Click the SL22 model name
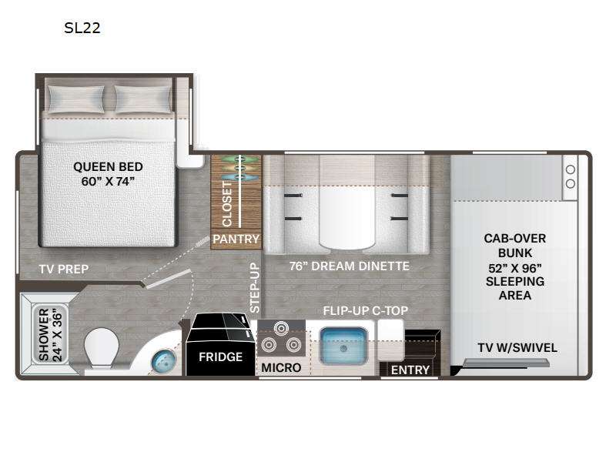[x=82, y=28]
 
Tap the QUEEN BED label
[x=108, y=166]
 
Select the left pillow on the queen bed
[x=75, y=99]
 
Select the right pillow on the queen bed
[x=142, y=99]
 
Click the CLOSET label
[x=227, y=203]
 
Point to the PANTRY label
[x=236, y=239]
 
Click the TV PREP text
[x=64, y=269]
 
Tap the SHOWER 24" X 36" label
[x=50, y=334]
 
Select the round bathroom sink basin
[x=163, y=361]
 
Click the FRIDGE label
[x=220, y=357]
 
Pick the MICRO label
[x=281, y=368]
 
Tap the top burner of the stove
[x=281, y=329]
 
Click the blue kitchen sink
[x=344, y=345]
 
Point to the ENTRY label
[x=410, y=370]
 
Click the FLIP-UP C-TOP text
[x=365, y=311]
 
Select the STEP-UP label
[x=255, y=287]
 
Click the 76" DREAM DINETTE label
[x=350, y=266]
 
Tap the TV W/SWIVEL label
[x=517, y=348]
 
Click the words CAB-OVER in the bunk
[x=514, y=239]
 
